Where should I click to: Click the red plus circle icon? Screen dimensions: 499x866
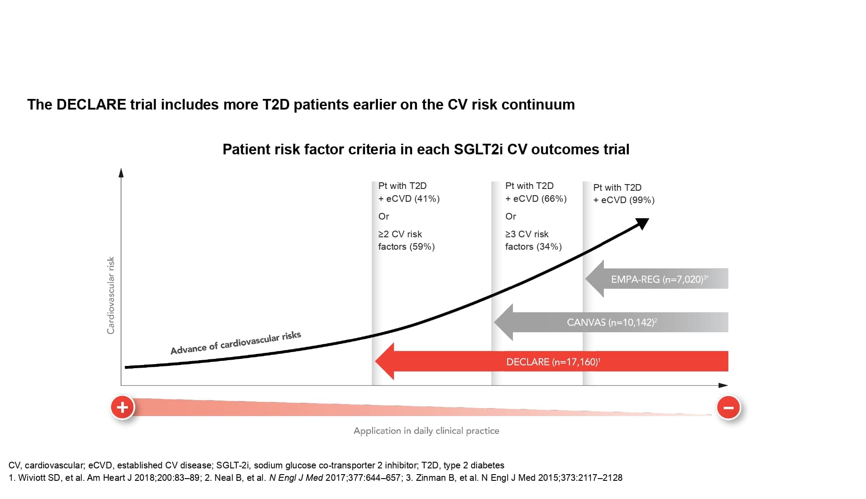[x=123, y=407]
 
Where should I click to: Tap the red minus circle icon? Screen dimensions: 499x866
[x=728, y=407]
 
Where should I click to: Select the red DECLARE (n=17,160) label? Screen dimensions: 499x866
[x=553, y=362]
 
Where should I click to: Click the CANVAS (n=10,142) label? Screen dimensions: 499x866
[x=612, y=322]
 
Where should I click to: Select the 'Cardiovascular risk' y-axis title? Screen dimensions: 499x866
[x=111, y=295]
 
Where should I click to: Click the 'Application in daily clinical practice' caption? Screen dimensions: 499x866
[x=426, y=431]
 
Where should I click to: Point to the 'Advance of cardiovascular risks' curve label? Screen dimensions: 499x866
[x=235, y=343]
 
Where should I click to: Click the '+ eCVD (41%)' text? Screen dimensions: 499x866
[x=409, y=199]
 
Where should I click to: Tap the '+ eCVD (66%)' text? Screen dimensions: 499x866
[x=536, y=199]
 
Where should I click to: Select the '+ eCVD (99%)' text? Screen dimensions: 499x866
[x=624, y=200]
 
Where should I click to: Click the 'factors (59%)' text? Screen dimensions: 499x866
[x=406, y=247]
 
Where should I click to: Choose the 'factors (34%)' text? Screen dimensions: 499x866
[x=533, y=247]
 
